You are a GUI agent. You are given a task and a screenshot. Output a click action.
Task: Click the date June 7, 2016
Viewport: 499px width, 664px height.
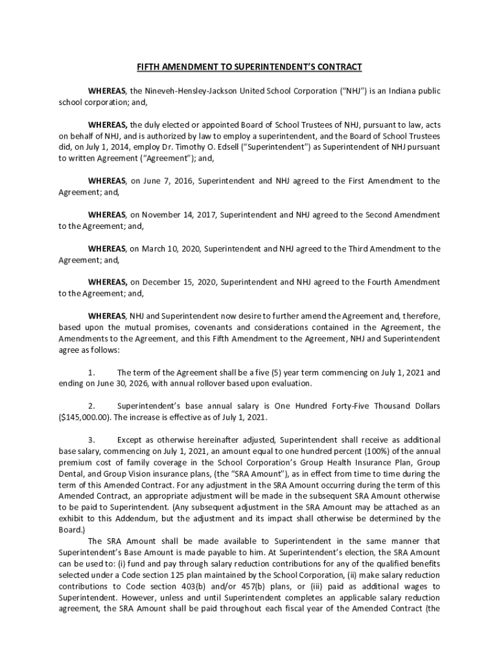coord(170,181)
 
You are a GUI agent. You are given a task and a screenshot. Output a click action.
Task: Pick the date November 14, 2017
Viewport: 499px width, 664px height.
coord(184,215)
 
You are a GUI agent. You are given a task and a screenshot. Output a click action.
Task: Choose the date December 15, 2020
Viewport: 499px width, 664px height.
coord(183,282)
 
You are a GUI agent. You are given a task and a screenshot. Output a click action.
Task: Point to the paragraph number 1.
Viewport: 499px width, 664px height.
coord(91,372)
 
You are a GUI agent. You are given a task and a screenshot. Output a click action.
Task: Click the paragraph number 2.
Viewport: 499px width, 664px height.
coord(91,406)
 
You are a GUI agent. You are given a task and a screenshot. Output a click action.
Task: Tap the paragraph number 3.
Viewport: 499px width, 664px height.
coord(91,440)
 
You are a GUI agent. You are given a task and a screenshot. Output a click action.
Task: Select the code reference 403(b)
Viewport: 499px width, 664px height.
coord(185,586)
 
